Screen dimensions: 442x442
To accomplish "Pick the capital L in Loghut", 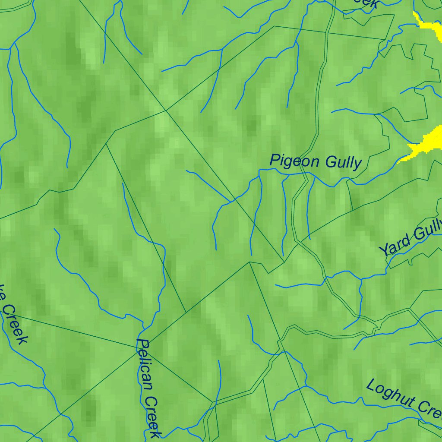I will click(370, 385).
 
